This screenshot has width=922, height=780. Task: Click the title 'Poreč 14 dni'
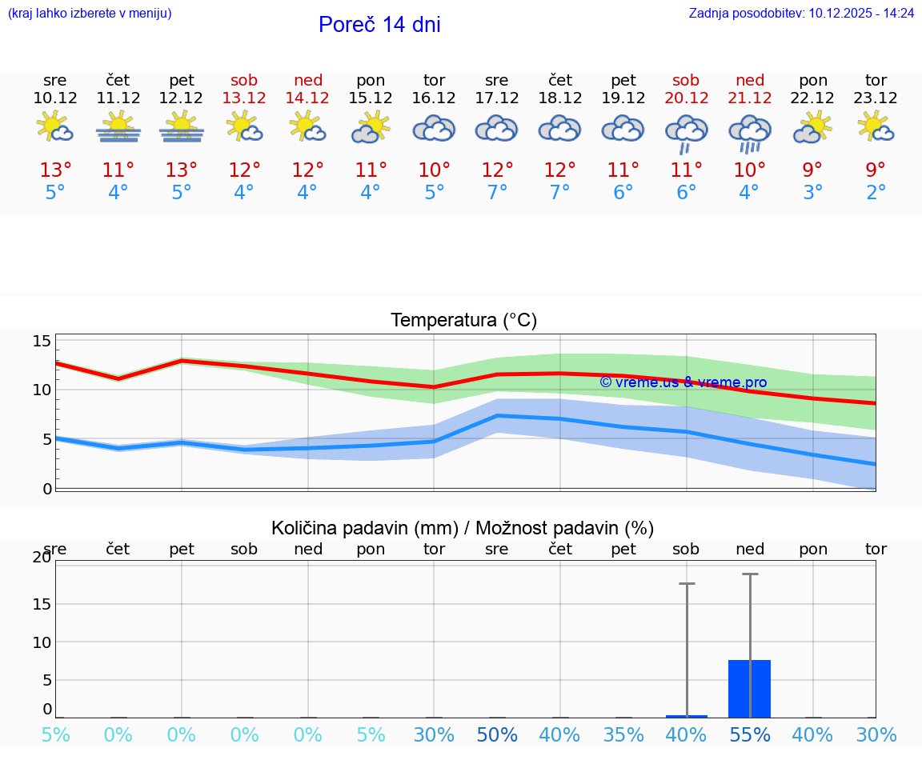point(379,25)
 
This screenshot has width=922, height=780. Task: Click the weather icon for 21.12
point(750,132)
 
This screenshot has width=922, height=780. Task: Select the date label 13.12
point(244,98)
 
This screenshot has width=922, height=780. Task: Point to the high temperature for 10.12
point(55,170)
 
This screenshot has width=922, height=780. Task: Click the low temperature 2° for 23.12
point(876,193)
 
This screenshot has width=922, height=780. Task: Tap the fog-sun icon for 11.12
point(118,127)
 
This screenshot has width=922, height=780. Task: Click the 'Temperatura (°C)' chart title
point(463,321)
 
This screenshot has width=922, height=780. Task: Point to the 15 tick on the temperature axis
point(42,342)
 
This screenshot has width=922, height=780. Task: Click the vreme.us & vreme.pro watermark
point(683,382)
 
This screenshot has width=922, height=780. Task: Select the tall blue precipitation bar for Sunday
point(749,688)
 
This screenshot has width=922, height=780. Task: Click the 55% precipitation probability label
point(750,735)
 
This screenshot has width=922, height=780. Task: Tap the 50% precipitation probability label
point(497,735)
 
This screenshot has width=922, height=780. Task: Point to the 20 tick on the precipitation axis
point(42,558)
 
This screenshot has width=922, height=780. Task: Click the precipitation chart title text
point(463,528)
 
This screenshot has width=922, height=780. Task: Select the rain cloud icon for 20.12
point(686,132)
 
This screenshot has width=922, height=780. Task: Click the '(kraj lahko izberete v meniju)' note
point(90,13)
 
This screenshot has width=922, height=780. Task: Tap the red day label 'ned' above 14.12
point(308,80)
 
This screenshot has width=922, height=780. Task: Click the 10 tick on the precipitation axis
point(42,642)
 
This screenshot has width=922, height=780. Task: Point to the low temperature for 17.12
point(497,193)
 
